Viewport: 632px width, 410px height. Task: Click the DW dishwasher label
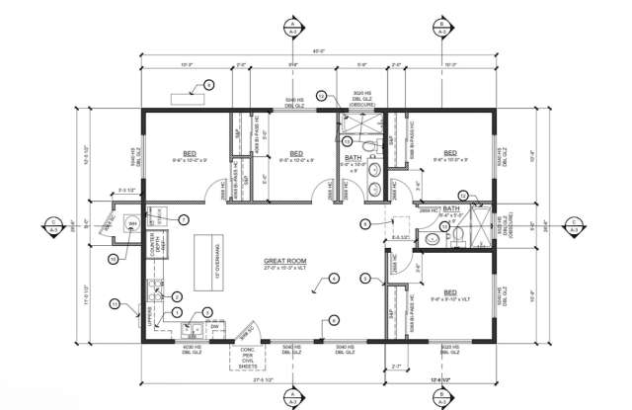tap(213, 325)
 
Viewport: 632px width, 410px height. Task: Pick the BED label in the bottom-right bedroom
tap(449, 292)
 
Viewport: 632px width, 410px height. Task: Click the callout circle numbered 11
tap(115, 302)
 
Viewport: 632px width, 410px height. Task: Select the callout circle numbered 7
tap(182, 218)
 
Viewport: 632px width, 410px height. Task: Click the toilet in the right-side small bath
tap(440, 234)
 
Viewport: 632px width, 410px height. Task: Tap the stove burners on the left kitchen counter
tap(155, 289)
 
